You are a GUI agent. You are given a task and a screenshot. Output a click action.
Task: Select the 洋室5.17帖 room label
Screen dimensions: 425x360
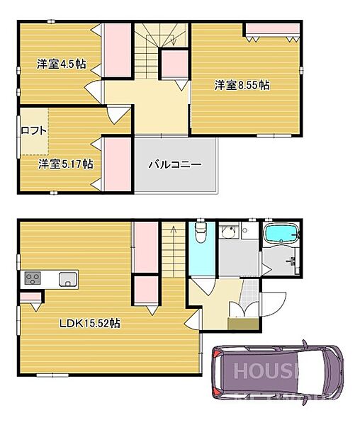click(65, 164)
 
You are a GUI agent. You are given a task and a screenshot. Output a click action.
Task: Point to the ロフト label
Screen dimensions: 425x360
click(33, 130)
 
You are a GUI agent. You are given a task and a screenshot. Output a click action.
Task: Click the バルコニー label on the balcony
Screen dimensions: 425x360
click(175, 164)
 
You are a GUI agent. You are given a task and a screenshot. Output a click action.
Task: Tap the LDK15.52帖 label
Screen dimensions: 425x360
click(89, 323)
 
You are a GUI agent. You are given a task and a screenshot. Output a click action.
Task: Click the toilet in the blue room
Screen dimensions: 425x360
click(199, 234)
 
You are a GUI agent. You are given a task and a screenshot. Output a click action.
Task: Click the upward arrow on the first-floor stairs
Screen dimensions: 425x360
click(171, 231)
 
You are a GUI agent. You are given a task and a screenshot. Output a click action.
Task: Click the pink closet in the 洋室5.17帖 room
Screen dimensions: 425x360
click(118, 164)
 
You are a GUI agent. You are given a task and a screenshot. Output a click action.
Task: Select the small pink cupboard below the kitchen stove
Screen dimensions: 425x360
click(30, 296)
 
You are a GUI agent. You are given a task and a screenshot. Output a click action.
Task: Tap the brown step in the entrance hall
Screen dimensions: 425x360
click(242, 322)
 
